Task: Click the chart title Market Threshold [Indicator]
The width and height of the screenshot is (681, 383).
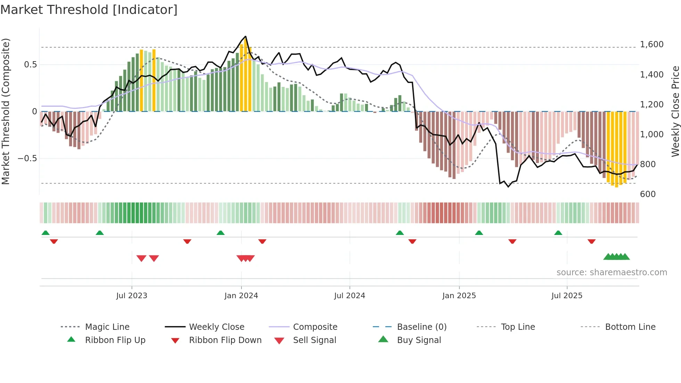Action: coord(89,10)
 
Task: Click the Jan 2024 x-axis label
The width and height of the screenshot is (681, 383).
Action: coord(241,295)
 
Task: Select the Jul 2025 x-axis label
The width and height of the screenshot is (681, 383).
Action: coord(567,295)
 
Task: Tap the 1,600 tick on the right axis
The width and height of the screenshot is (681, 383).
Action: coord(651,44)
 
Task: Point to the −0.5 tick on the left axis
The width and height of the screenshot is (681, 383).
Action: coord(27,158)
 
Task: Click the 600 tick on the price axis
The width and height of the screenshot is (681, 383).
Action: coord(648,194)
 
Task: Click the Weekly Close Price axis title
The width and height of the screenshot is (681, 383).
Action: coord(675,111)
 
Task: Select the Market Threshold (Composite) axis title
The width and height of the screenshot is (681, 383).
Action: coord(6,111)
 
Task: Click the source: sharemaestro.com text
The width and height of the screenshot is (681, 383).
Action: coord(612,272)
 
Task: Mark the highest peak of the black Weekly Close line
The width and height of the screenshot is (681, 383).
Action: coord(246,36)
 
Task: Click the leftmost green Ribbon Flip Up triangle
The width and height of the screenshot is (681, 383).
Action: coord(46,233)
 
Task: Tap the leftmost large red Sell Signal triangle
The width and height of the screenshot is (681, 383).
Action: coord(141,258)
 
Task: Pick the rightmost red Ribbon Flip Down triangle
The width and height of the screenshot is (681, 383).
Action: coord(592,241)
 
